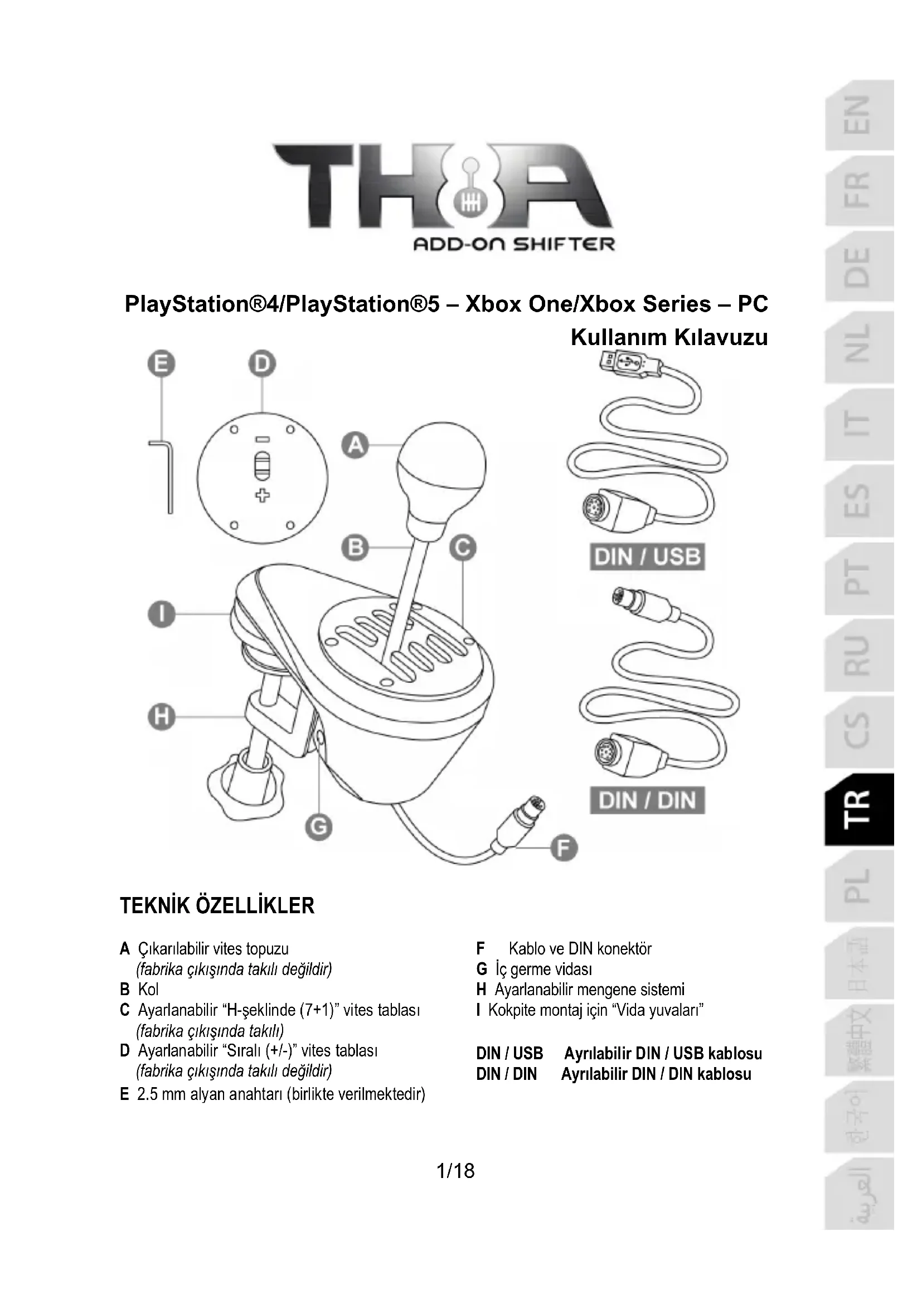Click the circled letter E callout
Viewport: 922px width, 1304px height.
point(162,365)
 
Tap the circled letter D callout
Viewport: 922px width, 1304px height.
point(262,365)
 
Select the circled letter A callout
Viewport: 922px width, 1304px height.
point(356,446)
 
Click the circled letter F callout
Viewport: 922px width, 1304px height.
point(564,849)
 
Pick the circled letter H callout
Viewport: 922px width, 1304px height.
point(162,718)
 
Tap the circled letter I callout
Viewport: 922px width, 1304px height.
point(162,614)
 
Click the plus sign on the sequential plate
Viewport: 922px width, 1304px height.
point(262,496)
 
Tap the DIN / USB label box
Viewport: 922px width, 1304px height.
point(647,557)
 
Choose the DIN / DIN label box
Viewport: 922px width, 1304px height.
point(647,800)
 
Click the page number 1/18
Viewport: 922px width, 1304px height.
point(455,1171)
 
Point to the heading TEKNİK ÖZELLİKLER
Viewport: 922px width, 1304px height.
point(217,905)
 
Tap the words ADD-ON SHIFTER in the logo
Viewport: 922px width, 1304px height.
point(513,245)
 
